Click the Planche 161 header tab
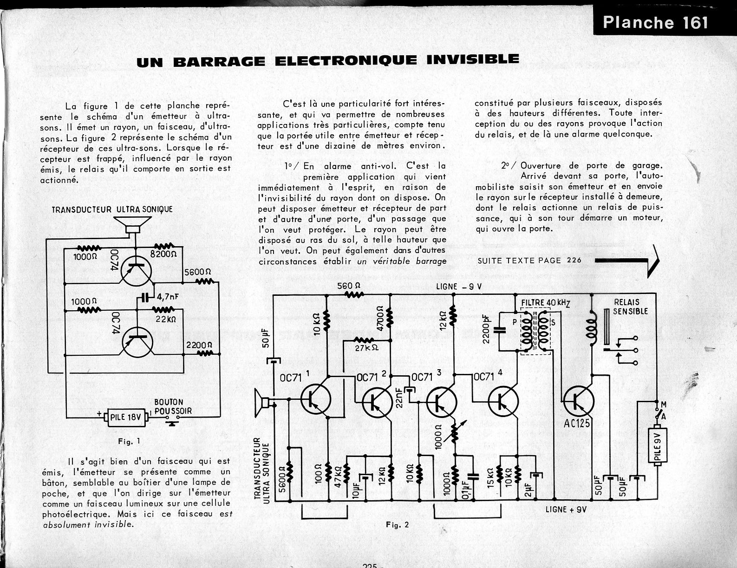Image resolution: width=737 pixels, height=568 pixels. [x=655, y=22]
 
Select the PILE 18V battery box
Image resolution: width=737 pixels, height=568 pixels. [x=125, y=417]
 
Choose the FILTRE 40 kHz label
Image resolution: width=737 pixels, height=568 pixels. [x=546, y=302]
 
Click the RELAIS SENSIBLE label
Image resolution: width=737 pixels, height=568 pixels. [x=630, y=307]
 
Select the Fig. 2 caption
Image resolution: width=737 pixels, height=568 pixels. [x=398, y=525]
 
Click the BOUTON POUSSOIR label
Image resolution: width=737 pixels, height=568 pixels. [x=173, y=406]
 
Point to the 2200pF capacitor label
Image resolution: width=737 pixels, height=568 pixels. [x=486, y=329]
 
